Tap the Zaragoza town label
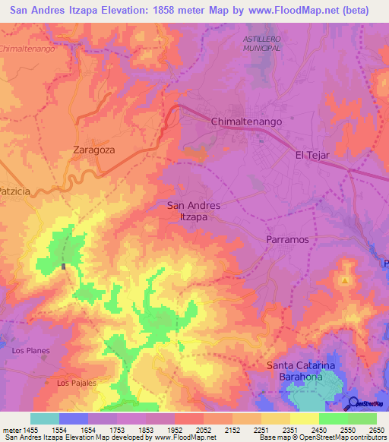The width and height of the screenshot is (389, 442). click(x=93, y=150)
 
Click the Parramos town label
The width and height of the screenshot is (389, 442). click(x=286, y=239)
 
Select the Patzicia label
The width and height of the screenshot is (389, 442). click(x=15, y=191)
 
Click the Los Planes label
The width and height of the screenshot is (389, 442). click(x=28, y=351)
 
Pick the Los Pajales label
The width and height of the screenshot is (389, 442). click(x=77, y=383)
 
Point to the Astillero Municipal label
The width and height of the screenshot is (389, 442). click(x=262, y=43)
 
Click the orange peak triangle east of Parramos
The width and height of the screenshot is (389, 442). click(x=345, y=281)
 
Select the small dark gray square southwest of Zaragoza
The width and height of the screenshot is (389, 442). click(x=63, y=266)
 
